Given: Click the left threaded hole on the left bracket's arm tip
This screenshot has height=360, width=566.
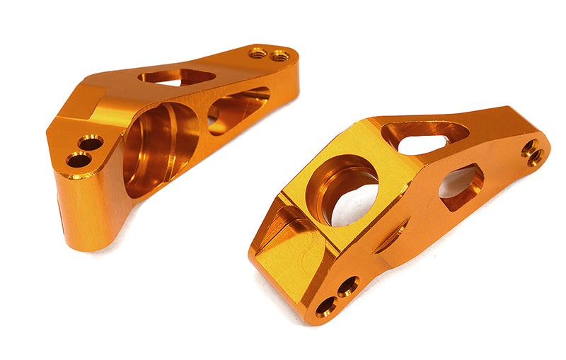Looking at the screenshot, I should [x=258, y=53].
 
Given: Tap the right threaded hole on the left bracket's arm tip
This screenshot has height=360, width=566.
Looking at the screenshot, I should [x=279, y=56].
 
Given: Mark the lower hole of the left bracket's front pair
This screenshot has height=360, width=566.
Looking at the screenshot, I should [x=79, y=160].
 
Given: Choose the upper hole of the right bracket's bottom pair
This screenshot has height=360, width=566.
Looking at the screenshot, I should [x=347, y=286].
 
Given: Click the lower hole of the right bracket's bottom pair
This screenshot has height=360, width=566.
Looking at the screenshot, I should [x=326, y=307].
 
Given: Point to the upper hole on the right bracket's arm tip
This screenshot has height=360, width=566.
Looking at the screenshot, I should [x=529, y=148].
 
